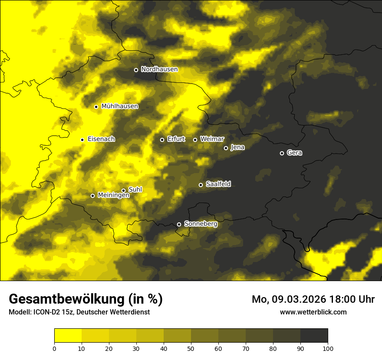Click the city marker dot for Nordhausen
pos(136,70)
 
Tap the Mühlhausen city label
pos(120,106)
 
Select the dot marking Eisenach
pos(82,140)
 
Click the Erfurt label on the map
pos(176,139)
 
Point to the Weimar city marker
pos(195,140)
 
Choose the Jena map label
pos(237,147)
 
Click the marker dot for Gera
pos(282,153)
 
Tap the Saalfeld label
pos(218,184)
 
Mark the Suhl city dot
pos(123,190)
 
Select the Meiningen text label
pos(113,196)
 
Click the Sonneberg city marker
pos(179,224)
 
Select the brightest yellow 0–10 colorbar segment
pos(68,336)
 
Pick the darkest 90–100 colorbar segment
pos(314,336)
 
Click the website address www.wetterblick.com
pos(313,312)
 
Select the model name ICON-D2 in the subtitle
pos(46,312)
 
